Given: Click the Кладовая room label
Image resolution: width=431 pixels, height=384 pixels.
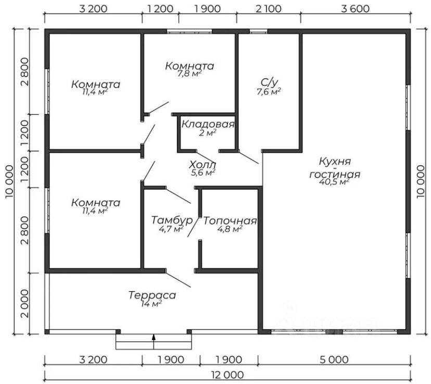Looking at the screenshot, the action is tap(208, 125).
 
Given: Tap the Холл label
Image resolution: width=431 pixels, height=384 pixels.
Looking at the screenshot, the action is tap(203, 165).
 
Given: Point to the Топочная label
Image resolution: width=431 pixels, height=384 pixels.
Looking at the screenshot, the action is tap(230, 220).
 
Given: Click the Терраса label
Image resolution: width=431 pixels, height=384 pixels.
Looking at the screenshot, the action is tap(152, 295).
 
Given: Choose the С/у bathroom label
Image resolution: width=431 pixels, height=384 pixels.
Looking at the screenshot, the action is tap(269, 82).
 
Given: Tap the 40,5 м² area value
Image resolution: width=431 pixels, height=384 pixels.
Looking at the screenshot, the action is tap(335, 182).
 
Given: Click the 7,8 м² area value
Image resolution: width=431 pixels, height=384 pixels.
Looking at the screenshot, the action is tap(189, 74).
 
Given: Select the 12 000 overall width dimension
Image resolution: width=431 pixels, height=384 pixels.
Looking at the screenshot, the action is tap(227, 374).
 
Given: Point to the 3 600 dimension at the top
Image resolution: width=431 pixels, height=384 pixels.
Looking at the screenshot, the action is tap(356, 8).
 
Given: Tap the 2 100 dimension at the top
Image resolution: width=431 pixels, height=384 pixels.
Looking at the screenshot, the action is tap(269, 8).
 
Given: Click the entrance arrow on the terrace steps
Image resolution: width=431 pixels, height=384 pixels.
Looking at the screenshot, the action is tap(154, 339).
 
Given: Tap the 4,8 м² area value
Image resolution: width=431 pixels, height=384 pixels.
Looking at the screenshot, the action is tap(230, 229).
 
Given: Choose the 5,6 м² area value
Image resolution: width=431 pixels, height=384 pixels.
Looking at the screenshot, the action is tap(203, 172).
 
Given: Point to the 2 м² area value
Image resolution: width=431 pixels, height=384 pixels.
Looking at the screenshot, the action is tap(207, 133).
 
